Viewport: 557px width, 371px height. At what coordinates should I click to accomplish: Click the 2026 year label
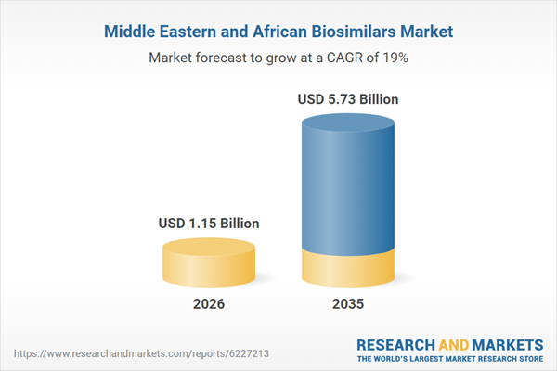[208, 304]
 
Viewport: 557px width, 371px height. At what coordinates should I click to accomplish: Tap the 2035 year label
[350, 304]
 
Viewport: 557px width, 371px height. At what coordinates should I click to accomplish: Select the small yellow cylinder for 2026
[208, 263]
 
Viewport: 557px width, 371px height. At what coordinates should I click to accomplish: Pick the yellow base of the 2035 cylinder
[350, 269]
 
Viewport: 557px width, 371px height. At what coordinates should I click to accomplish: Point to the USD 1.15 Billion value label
[208, 224]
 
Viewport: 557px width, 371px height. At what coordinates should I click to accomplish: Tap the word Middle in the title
[130, 32]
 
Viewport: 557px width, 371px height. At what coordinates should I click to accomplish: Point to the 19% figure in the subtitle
[395, 58]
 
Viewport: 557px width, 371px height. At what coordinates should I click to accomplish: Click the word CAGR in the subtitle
[347, 58]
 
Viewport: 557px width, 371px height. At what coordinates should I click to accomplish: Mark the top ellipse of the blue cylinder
[350, 122]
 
